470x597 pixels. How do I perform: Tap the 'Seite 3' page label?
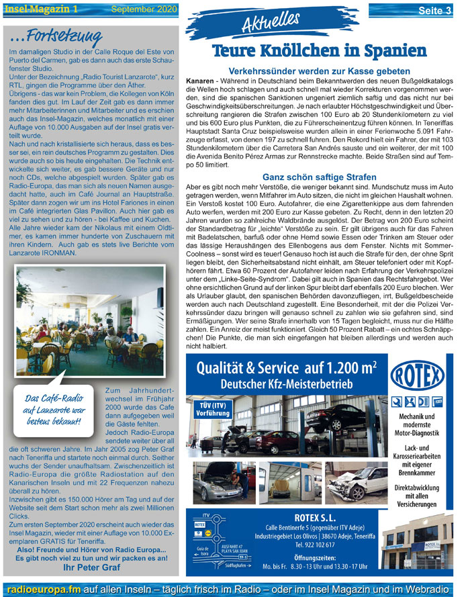pos(434,10)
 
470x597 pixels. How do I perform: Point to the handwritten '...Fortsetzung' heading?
pos(55,35)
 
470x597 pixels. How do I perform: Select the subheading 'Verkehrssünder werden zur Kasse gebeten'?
pos(320,71)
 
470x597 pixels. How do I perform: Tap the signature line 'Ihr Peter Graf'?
pos(91,567)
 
